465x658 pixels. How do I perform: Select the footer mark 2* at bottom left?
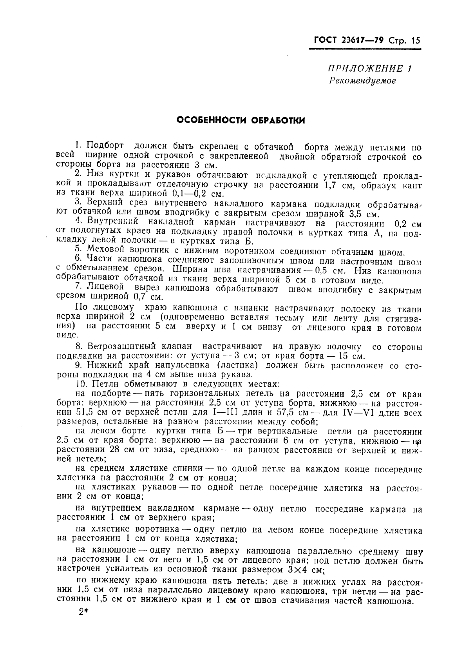[83, 613]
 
